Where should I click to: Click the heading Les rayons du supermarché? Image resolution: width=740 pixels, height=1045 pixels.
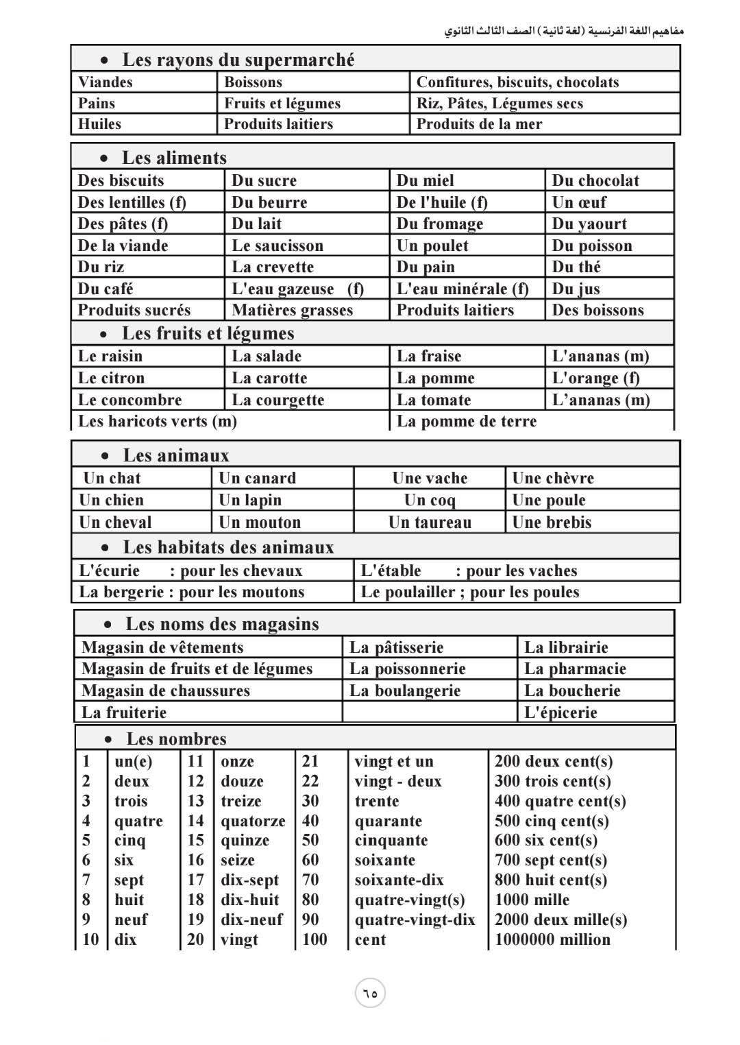tap(238, 60)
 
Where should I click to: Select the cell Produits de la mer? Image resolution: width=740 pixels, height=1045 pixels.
tap(479, 124)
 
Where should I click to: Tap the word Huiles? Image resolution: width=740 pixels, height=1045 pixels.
tap(99, 124)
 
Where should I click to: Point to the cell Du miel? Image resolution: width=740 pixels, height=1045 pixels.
tap(425, 180)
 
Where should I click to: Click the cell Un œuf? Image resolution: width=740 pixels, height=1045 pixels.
tap(579, 202)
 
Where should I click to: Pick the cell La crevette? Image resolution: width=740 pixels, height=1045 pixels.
tap(273, 267)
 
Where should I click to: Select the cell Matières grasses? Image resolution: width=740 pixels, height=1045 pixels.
tap(292, 310)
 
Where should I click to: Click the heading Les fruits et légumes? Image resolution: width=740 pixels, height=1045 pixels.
tap(208, 333)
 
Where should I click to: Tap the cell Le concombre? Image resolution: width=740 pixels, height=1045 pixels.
tap(129, 400)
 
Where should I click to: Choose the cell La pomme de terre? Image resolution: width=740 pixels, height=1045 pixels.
tap(467, 421)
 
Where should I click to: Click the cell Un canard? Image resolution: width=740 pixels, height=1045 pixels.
tap(257, 478)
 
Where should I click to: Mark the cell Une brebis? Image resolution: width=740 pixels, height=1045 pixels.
tap(552, 522)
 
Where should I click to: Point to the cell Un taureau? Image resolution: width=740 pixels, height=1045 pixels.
tap(430, 522)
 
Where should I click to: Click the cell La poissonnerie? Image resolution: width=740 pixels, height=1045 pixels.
tap(407, 669)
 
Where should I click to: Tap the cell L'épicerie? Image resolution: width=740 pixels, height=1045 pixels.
tap(560, 712)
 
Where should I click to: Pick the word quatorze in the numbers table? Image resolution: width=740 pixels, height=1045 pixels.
tap(252, 821)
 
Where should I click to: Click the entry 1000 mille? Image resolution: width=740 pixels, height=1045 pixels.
tap(532, 900)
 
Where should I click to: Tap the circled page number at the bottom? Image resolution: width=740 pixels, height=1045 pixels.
tap(370, 993)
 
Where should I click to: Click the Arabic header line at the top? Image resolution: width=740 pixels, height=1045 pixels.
tap(564, 32)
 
